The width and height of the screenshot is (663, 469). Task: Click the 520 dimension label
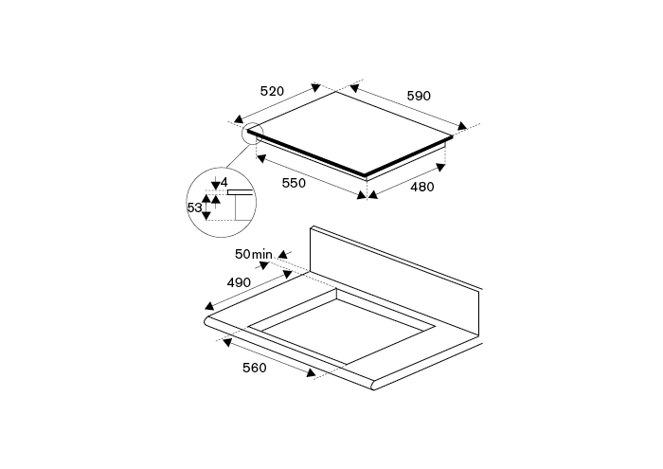pyautogui.click(x=272, y=91)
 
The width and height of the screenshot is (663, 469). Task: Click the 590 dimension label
pyautogui.click(x=419, y=96)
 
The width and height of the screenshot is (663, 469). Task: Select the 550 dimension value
pyautogui.click(x=294, y=183)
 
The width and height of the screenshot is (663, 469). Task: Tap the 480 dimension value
pyautogui.click(x=422, y=187)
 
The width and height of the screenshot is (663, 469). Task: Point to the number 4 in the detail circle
pyautogui.click(x=224, y=182)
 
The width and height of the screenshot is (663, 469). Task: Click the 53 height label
pyautogui.click(x=194, y=207)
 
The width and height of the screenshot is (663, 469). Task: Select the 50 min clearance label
pyautogui.click(x=253, y=254)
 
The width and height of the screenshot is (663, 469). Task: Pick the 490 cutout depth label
pyautogui.click(x=239, y=282)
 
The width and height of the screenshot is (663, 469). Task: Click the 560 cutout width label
pyautogui.click(x=255, y=368)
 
